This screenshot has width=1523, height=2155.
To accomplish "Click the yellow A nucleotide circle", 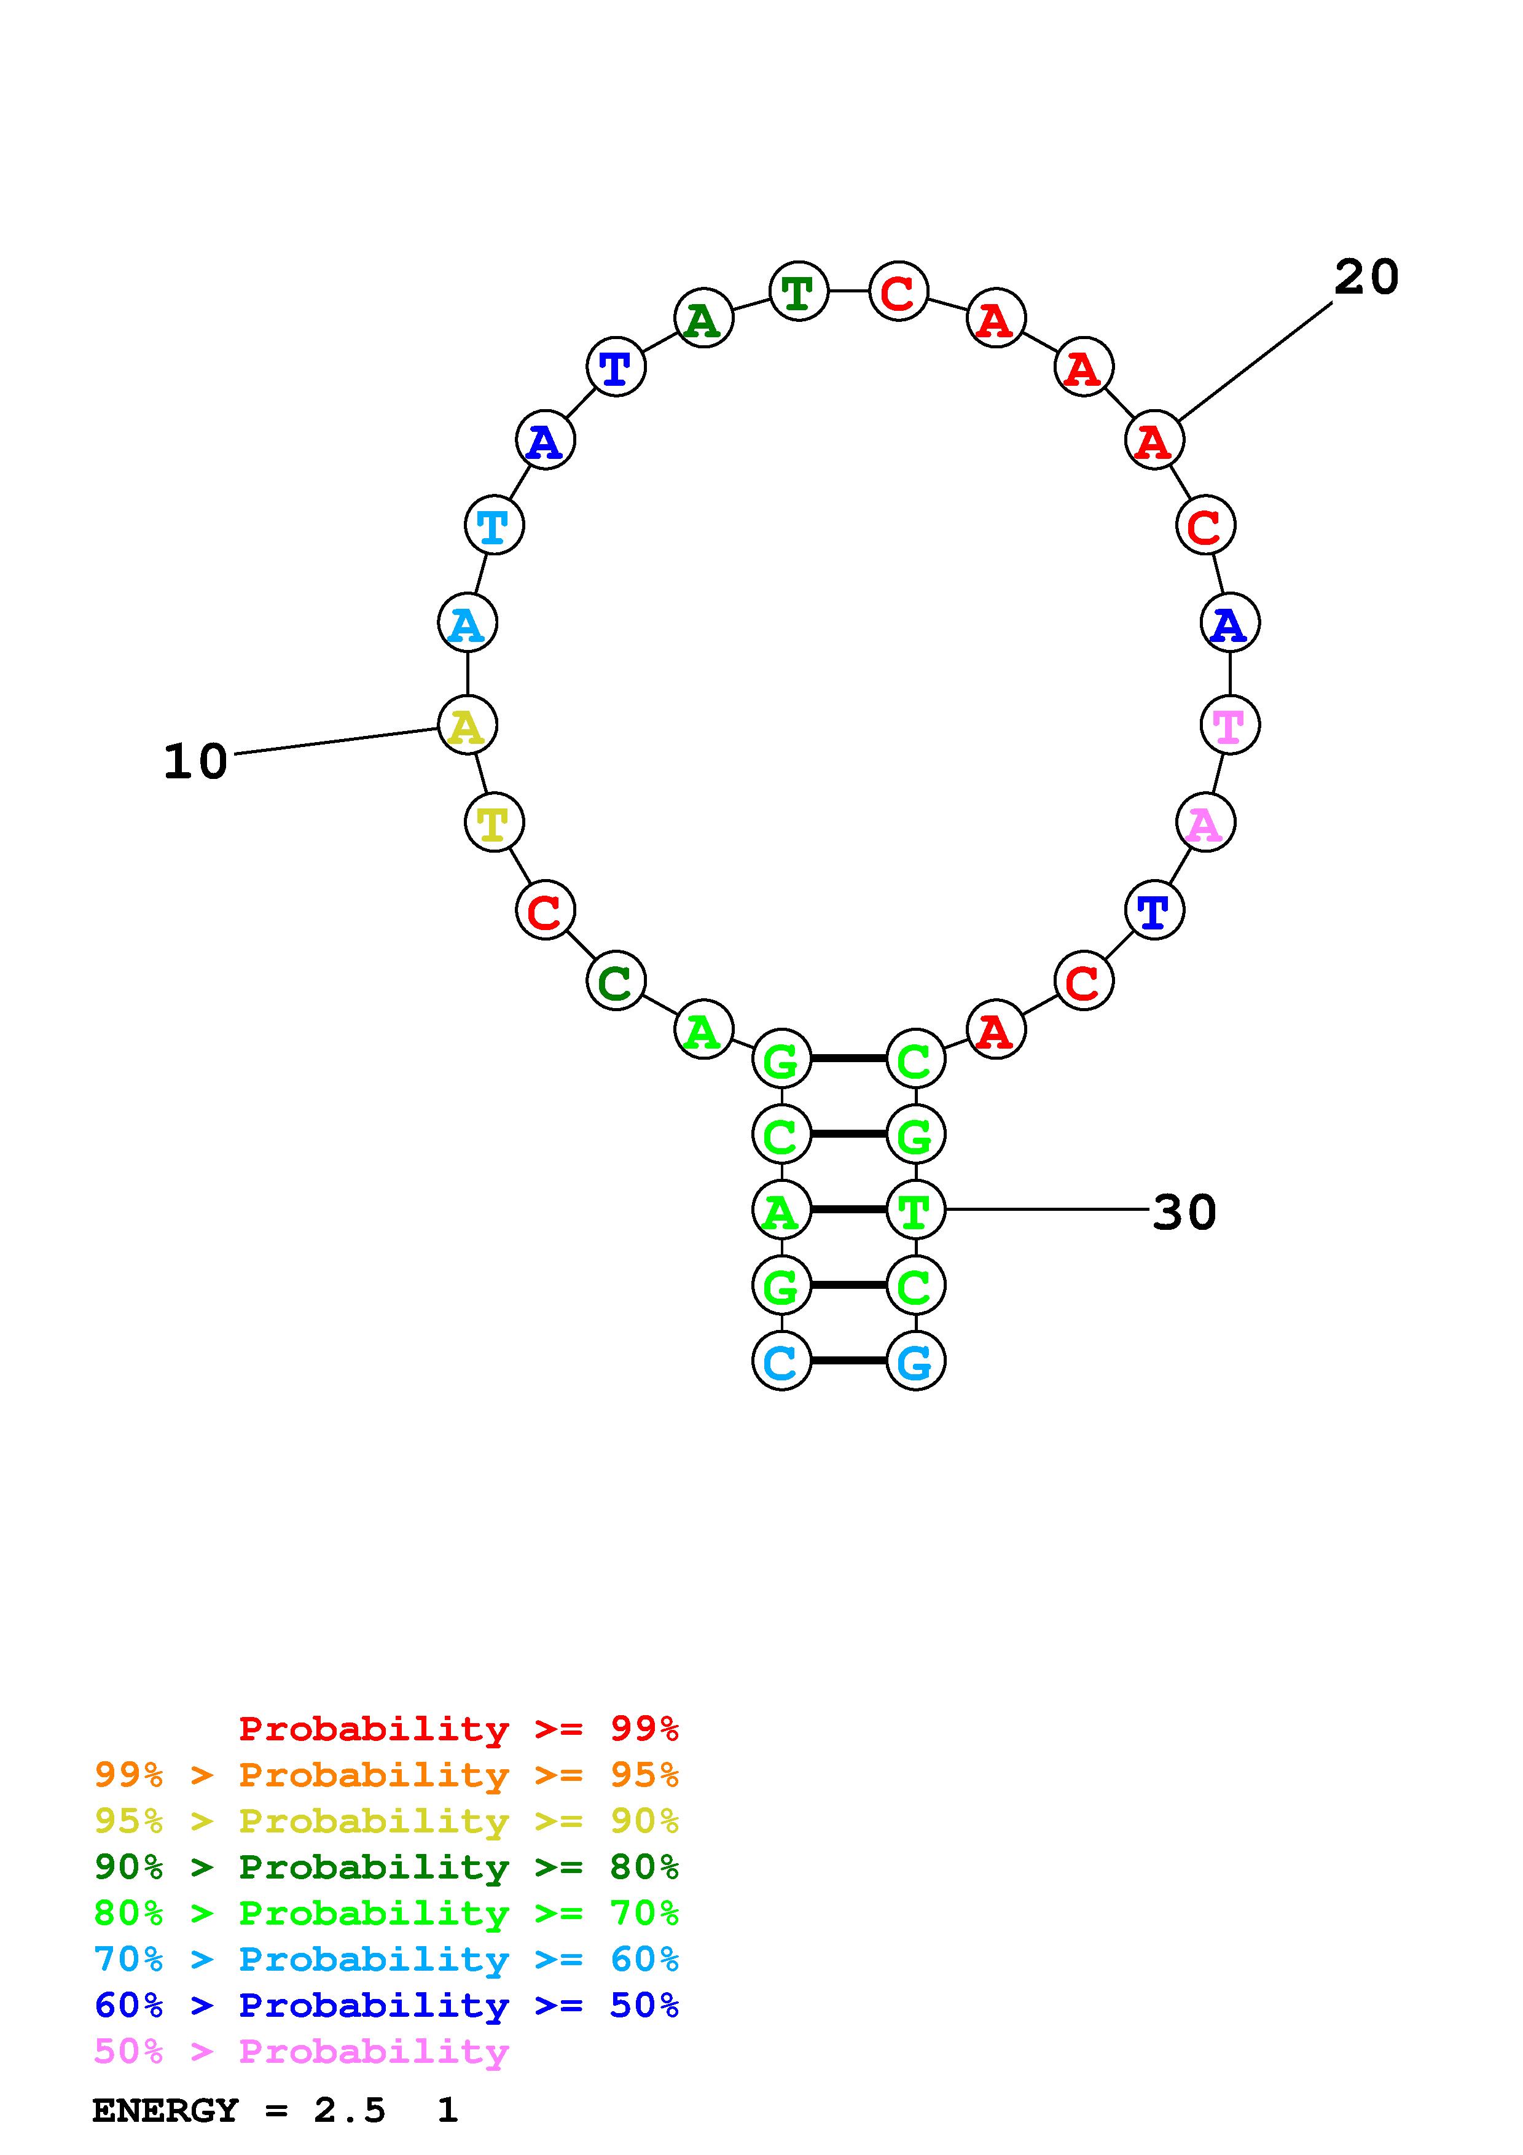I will coord(468,726).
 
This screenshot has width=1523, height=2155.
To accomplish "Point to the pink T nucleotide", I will coord(1229,726).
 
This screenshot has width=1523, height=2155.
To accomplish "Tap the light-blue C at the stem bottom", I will coord(781,1361).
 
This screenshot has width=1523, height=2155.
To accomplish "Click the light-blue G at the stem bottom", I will coord(915,1361).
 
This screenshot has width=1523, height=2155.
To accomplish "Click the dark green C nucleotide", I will coord(616,982).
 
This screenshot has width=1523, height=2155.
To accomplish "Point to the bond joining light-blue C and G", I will coord(848,1361).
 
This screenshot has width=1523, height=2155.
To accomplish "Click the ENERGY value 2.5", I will coord(349,2111).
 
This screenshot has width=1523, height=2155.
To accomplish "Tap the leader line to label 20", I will coord(1256,361).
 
